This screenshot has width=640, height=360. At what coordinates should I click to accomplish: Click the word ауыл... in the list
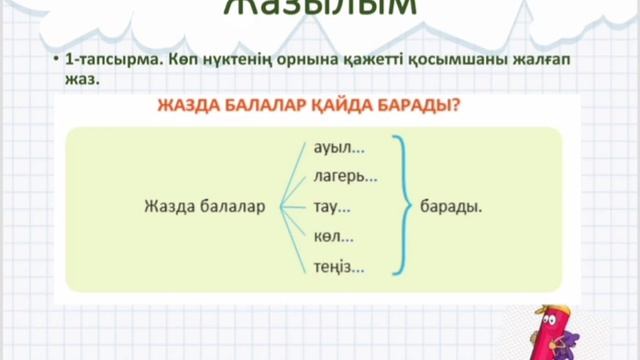339,149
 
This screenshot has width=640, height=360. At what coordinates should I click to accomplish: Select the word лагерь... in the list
345,178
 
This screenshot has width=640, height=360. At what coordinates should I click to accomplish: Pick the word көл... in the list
333,238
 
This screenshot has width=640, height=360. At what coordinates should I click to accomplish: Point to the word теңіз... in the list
339,267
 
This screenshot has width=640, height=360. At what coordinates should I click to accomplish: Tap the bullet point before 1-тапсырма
57,62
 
